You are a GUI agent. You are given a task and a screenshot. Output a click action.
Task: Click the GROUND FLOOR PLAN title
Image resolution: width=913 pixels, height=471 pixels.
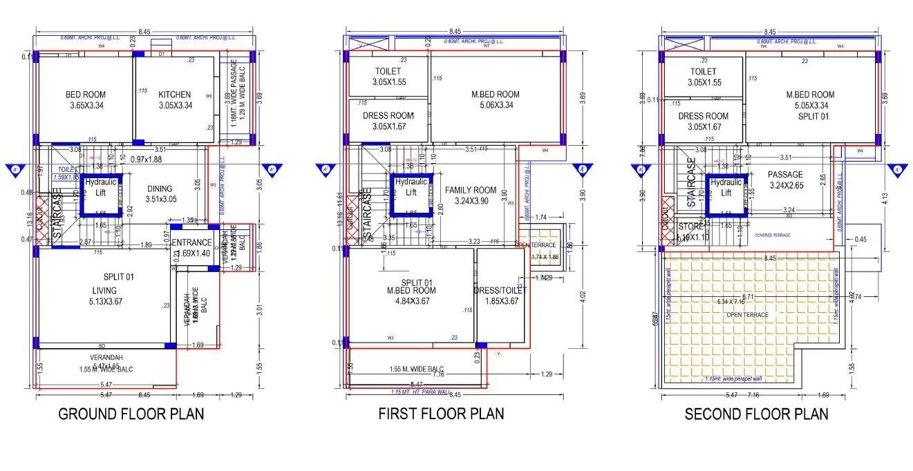tap(131, 414)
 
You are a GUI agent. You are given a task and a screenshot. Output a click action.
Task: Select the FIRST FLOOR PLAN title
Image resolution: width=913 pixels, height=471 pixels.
tap(441, 414)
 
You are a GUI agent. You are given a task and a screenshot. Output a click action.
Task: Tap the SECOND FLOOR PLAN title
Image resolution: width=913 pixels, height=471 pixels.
tap(756, 414)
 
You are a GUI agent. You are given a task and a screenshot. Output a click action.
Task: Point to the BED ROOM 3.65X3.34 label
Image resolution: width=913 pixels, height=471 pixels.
tap(86, 99)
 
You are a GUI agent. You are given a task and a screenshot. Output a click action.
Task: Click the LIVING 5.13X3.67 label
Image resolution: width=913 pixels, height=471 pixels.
tap(104, 296)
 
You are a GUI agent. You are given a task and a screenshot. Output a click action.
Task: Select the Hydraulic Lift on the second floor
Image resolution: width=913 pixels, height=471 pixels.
tap(726, 188)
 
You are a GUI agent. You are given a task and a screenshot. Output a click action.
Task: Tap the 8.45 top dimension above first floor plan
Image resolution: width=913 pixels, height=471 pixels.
tap(454, 32)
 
